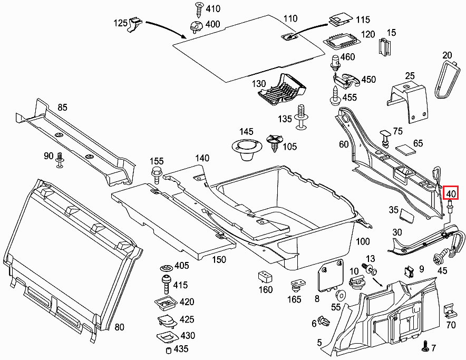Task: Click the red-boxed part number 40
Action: tap(451, 192)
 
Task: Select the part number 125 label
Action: tap(121, 23)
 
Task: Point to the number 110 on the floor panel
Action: tap(290, 19)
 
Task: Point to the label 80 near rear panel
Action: tap(119, 327)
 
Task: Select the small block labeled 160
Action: tap(265, 277)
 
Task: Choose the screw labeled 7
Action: tap(425, 347)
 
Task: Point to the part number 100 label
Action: tap(363, 241)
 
